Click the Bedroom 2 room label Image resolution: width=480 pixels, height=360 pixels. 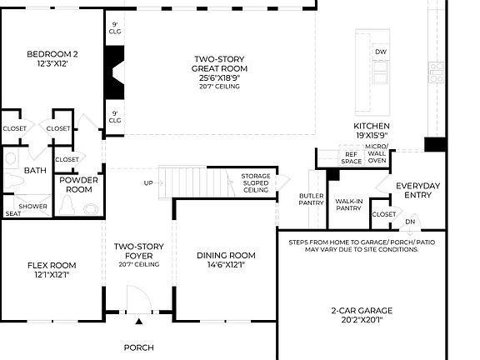coord(46,55)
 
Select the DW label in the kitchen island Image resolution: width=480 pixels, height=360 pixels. coord(380,52)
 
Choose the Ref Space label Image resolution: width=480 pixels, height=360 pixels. coord(351,157)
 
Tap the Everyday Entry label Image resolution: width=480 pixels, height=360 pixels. coord(419,190)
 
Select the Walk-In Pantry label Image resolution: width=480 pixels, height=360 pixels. coord(347,205)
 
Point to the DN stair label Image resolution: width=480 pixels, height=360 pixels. coord(409,222)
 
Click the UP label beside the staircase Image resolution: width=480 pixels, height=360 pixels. coord(148,183)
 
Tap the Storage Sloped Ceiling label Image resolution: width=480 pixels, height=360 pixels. coord(255,183)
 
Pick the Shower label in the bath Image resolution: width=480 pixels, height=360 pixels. coord(33,206)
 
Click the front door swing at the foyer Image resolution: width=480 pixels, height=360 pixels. coord(139,299)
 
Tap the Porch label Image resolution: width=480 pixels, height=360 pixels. coord(139,347)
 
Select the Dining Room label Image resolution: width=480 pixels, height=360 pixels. coord(225,255)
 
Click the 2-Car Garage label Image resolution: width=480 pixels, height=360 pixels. coord(361,311)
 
